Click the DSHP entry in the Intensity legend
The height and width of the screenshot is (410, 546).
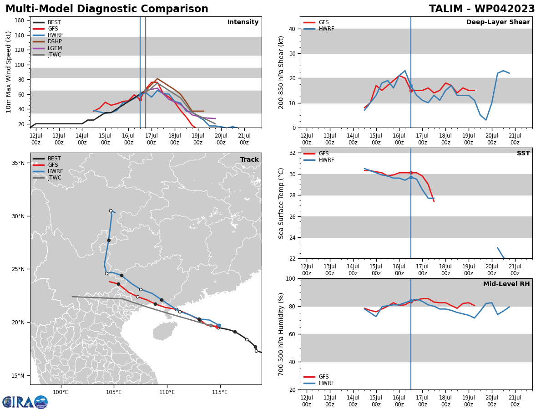[54, 41]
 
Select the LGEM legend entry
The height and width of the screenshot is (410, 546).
[54, 48]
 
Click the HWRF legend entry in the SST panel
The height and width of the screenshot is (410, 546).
[326, 160]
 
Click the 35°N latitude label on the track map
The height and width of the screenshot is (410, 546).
[18, 163]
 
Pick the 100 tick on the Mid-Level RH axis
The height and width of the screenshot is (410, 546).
[289, 278]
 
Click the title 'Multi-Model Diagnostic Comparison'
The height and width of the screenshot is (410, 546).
[107, 9]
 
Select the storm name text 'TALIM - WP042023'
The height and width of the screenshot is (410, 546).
[482, 9]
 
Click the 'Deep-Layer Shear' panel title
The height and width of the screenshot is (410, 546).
[498, 22]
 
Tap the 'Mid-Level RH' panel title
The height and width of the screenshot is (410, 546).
[506, 284]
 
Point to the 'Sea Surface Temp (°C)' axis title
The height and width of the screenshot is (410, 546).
[282, 203]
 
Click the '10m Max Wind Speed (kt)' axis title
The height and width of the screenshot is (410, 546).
[9, 72]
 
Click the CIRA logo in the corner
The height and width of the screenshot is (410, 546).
[25, 402]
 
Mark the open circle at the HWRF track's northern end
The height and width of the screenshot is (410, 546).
[111, 210]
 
